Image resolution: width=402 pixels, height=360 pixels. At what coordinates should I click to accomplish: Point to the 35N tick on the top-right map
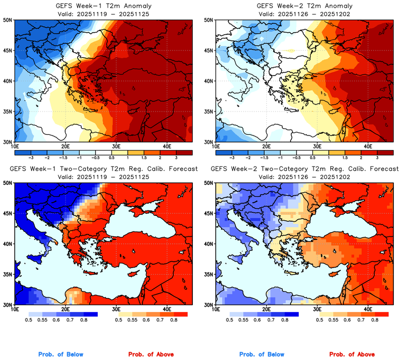coord(209,111)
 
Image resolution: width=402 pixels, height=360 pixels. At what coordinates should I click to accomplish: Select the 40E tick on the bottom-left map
coord(167,309)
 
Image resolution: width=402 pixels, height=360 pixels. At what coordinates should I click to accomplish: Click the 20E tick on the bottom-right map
coord(267,309)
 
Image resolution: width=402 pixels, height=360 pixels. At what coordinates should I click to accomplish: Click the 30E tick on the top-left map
coord(116,146)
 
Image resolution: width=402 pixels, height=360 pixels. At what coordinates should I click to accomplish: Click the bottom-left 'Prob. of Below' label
coord(60,354)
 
